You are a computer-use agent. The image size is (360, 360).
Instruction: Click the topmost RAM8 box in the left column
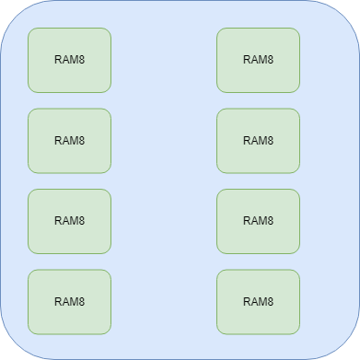coord(69,60)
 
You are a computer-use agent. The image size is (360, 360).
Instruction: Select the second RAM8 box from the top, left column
coord(69,141)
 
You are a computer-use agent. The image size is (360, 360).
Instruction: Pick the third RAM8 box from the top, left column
coord(69,221)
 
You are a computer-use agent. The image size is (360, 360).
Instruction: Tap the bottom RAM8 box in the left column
coord(69,301)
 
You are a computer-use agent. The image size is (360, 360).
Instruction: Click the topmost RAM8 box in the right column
coord(258,60)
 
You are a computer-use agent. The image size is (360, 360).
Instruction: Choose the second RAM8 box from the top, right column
coord(258,141)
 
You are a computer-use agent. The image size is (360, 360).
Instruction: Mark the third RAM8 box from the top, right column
coord(258,221)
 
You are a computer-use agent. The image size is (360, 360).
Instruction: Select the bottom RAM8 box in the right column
coord(258,301)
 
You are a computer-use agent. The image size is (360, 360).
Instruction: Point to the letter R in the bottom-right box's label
coord(247,301)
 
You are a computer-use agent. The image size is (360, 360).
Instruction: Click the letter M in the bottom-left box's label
coord(73,301)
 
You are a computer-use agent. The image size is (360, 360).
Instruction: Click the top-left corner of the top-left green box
coord(30,30)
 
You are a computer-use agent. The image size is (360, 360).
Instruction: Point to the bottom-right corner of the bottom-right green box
coord(297,331)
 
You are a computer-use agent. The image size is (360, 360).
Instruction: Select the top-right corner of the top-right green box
coord(297,30)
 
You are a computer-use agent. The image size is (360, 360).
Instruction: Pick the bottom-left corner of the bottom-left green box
coord(30,331)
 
